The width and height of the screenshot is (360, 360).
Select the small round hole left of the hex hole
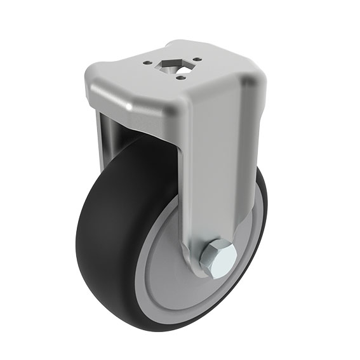[148, 63]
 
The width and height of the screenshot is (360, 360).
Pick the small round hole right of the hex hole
[196, 61]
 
